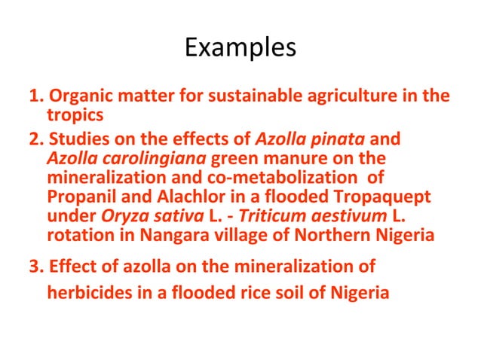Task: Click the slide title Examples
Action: pos(240,47)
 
